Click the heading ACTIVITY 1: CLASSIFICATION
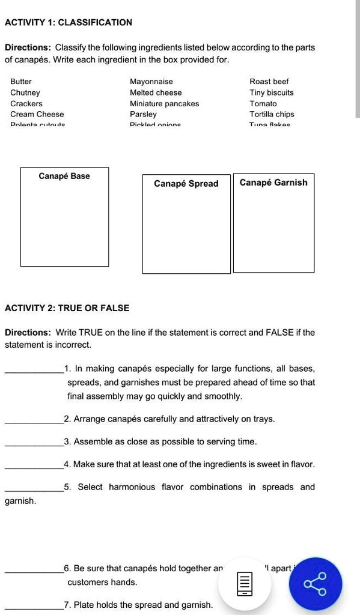[68, 23]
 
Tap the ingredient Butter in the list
[21, 82]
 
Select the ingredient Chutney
[25, 92]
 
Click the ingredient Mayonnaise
[151, 82]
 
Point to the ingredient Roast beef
[269, 82]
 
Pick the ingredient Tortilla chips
[272, 114]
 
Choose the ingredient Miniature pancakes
[164, 103]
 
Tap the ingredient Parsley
[143, 114]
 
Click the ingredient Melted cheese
[156, 92]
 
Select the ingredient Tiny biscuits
[272, 92]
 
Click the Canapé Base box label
[64, 176]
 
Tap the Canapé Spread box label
[186, 184]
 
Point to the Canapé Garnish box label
[273, 183]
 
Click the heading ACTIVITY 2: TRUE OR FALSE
[67, 308]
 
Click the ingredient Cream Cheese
[37, 114]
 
